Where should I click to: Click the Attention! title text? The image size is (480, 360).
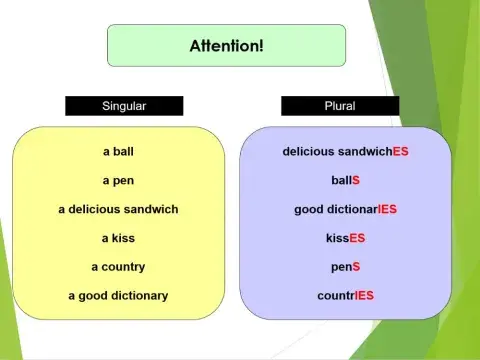point(226,46)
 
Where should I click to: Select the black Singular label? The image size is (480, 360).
point(124,105)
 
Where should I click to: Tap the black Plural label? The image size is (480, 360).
point(340,105)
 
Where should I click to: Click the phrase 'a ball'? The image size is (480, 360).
point(118,152)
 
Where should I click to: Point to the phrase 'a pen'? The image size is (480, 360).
point(118,181)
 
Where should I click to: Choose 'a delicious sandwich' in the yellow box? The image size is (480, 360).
point(118,209)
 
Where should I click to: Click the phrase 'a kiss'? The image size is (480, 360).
point(118,238)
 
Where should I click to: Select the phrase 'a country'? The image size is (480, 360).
point(118,267)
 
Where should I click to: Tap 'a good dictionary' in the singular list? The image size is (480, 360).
point(118,296)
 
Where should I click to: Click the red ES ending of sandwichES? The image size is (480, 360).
point(400,152)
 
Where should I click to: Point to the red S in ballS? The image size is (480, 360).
point(355,181)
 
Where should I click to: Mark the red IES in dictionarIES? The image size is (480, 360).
point(386,209)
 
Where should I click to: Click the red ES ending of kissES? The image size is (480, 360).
point(357,238)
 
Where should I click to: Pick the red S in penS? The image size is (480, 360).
point(356,267)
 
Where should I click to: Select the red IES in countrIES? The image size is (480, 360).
point(364,296)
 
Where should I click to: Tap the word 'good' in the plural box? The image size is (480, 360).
point(309,209)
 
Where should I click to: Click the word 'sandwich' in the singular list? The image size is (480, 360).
point(150,209)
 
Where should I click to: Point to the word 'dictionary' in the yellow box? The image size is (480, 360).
point(137,296)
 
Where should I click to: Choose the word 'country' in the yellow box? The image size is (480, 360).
point(123,267)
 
